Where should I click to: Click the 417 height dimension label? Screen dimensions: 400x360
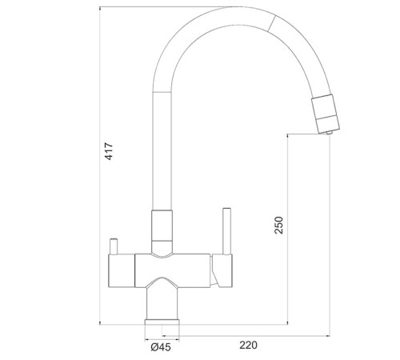(x=109, y=151)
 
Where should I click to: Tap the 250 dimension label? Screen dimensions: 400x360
(x=278, y=226)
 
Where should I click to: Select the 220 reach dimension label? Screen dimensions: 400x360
(x=248, y=345)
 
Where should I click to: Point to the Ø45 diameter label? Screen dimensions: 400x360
(x=161, y=347)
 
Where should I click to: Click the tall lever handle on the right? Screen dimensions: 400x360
(x=227, y=231)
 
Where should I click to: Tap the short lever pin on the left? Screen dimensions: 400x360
(x=114, y=246)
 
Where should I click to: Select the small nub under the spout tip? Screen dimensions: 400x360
(x=329, y=132)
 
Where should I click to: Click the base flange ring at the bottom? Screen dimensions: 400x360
(x=162, y=322)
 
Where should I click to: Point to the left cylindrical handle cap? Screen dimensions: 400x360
(x=122, y=270)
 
